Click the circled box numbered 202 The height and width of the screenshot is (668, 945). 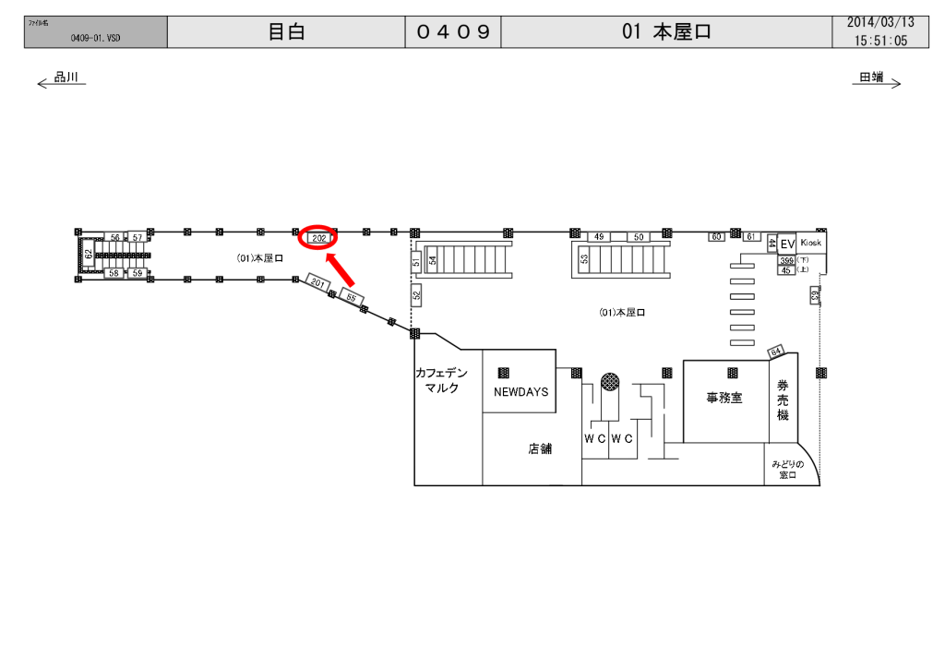point(319,238)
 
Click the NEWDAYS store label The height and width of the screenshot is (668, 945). point(520,392)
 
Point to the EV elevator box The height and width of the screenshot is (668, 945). point(787,245)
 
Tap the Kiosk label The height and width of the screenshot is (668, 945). point(811,242)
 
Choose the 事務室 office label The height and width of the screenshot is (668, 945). point(724,399)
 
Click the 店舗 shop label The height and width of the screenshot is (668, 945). point(540,449)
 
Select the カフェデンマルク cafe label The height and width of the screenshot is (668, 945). point(442,380)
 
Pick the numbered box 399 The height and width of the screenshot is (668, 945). point(786,261)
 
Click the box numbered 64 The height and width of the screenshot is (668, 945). point(775,351)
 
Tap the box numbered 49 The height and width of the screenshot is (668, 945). point(599,237)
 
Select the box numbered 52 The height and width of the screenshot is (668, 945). point(416,296)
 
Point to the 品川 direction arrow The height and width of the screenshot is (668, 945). point(61,80)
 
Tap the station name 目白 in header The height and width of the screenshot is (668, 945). point(286,32)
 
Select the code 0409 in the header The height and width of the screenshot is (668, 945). point(452,32)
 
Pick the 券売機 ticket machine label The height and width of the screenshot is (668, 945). point(783,400)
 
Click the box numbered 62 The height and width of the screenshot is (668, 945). point(89,254)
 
